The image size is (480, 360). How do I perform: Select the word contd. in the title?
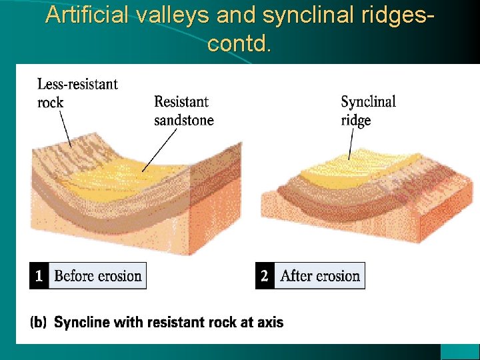(x=239, y=44)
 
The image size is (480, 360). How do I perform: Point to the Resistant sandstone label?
(x=183, y=111)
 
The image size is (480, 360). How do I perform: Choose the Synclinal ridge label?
(x=368, y=111)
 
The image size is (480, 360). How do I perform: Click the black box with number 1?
(x=39, y=275)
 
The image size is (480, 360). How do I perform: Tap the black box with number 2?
(x=265, y=275)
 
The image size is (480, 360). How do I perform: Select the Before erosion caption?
(x=97, y=275)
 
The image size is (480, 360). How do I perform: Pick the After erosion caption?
(x=320, y=275)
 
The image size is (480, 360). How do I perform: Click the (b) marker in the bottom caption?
(x=39, y=323)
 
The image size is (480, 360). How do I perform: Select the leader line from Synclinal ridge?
(x=350, y=143)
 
